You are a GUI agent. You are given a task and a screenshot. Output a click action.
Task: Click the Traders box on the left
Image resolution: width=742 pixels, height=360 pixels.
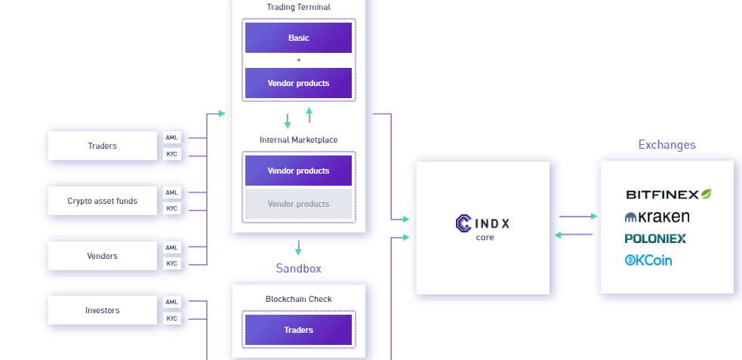(103, 146)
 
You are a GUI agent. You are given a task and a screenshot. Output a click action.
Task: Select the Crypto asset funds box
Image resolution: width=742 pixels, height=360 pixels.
(103, 201)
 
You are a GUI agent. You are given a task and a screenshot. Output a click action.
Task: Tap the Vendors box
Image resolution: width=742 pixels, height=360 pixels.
(103, 256)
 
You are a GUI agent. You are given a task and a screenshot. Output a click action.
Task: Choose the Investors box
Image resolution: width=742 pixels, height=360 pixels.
(103, 310)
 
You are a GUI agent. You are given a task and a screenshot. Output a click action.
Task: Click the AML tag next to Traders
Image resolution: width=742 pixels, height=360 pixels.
(172, 137)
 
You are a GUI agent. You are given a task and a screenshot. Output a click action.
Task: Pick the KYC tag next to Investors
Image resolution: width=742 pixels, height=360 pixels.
(172, 318)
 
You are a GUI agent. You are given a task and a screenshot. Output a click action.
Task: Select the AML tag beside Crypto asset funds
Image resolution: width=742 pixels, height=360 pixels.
(172, 192)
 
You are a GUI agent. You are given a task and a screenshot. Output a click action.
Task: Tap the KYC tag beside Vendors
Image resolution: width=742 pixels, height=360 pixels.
(172, 263)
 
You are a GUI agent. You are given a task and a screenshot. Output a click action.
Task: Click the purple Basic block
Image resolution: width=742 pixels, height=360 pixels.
(298, 38)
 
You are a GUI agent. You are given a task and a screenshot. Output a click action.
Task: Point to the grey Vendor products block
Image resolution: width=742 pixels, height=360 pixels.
(298, 204)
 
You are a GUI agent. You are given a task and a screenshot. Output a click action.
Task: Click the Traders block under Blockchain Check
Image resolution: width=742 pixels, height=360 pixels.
(298, 330)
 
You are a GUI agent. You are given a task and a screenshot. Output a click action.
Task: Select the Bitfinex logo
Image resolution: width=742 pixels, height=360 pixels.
(668, 195)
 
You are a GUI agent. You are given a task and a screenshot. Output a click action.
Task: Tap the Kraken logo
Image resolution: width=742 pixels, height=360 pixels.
(657, 217)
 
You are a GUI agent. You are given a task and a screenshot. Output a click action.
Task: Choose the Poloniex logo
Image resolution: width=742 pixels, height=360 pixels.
(655, 238)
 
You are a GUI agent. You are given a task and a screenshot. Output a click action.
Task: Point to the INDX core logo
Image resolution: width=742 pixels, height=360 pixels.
(483, 224)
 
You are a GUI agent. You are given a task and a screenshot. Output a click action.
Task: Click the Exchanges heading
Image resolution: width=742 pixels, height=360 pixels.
(667, 145)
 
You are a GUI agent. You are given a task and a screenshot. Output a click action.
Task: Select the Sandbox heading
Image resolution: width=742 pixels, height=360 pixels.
(298, 269)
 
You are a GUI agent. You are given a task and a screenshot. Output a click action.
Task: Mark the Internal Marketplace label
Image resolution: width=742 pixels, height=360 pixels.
(298, 140)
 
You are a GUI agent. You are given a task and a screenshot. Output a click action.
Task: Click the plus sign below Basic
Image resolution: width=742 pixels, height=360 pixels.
(298, 60)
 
